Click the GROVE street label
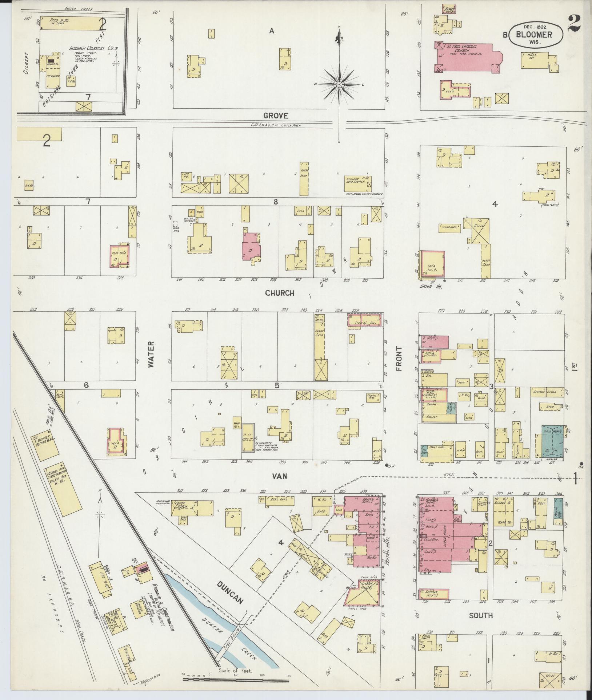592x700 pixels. [276, 116]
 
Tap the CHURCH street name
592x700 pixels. [279, 293]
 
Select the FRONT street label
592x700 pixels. [399, 359]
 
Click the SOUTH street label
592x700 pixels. [481, 615]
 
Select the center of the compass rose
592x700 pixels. [339, 84]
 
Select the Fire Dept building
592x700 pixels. [249, 438]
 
